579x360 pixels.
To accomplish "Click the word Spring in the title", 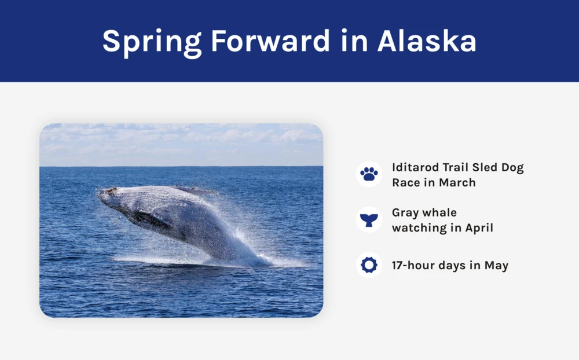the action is point(152,42).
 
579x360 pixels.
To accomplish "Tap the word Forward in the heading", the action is point(270,41).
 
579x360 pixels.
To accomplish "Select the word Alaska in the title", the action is point(427,41).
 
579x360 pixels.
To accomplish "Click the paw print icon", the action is point(369,174).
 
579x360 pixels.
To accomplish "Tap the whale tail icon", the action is point(369,220).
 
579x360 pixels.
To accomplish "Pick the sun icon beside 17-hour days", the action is point(369,265).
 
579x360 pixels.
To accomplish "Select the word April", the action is point(479,228).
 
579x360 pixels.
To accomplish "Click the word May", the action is point(496,266).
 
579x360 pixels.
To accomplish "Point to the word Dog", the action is point(512,168).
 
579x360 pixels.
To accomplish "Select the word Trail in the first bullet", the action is point(456,167).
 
